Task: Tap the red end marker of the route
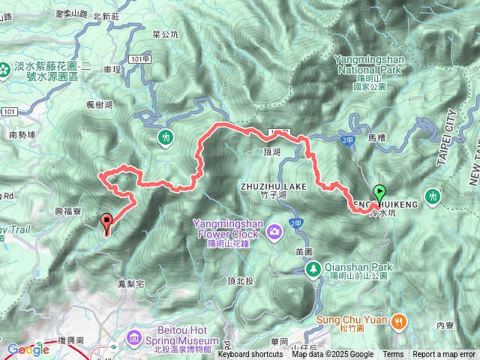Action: click(x=106, y=222)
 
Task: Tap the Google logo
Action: click(x=28, y=349)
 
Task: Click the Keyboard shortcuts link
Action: click(x=250, y=355)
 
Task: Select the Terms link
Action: click(x=393, y=355)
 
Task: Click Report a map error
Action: click(x=444, y=355)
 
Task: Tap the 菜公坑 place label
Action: click(x=165, y=34)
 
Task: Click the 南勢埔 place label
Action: click(x=22, y=136)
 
